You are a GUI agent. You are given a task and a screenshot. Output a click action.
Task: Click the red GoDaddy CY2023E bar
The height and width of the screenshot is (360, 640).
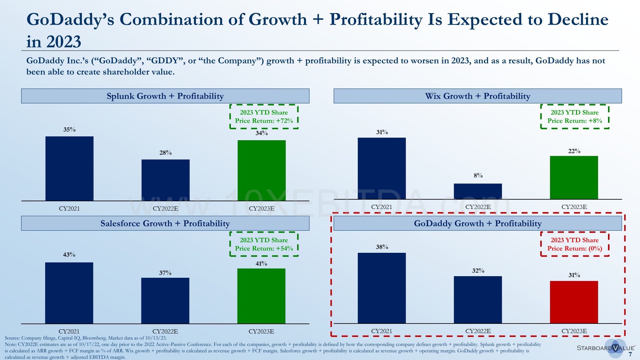click(574, 302)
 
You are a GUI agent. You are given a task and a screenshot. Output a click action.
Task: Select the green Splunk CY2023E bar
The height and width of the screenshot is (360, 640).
click(261, 170)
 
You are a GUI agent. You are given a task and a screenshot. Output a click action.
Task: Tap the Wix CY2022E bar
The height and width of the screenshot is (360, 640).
click(478, 191)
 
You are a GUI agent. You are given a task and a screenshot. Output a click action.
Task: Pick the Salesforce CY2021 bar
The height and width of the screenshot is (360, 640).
click(69, 293)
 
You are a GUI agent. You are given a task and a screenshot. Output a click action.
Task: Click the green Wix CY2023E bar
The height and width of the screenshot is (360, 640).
click(574, 177)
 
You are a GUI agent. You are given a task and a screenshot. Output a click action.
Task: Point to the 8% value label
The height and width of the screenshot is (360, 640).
click(478, 175)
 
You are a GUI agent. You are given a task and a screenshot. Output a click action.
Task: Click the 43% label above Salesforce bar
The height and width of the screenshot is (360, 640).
click(69, 255)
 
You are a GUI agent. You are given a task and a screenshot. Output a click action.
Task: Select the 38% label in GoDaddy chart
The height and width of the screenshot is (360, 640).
click(382, 247)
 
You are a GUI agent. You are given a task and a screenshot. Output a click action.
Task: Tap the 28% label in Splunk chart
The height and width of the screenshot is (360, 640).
click(165, 153)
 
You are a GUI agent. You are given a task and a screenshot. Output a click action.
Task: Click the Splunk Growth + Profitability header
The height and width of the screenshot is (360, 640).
click(165, 96)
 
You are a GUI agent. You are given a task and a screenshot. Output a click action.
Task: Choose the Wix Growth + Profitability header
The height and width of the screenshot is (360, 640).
click(477, 96)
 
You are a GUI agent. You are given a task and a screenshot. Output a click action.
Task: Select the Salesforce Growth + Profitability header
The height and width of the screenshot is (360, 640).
click(165, 223)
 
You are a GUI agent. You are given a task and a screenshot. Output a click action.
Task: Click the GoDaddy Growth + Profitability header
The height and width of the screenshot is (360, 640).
click(477, 223)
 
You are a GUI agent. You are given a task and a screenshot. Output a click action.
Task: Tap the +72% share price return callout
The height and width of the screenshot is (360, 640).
click(264, 116)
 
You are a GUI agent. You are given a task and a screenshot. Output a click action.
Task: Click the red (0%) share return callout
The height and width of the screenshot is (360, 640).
click(575, 244)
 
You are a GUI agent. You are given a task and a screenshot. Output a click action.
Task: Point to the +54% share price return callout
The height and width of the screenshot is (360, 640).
click(264, 244)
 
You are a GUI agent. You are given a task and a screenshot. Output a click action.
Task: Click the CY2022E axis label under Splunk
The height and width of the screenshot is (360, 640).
click(165, 209)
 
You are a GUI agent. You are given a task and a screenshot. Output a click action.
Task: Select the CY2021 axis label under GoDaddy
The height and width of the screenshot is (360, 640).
click(381, 331)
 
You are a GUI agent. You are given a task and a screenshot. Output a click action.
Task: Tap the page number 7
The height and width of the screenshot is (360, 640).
click(630, 355)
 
